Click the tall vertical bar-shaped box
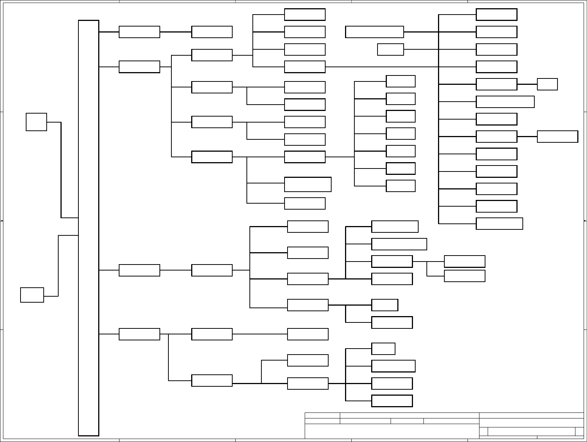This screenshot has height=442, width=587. point(88,228)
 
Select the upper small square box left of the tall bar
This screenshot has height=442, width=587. point(36,122)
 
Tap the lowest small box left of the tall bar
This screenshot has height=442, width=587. point(32,295)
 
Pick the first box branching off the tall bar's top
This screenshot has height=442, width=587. point(139,32)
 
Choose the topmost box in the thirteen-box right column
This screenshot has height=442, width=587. point(496,15)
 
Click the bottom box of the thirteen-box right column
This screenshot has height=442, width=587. point(499,223)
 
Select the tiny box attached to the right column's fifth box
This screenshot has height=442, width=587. point(547,84)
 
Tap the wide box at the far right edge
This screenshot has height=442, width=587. point(558,137)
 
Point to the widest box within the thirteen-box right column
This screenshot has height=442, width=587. point(505,102)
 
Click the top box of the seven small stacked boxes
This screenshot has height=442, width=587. point(401,81)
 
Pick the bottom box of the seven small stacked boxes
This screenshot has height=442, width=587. point(401,186)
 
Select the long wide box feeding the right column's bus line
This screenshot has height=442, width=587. point(375,32)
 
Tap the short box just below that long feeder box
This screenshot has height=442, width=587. point(390,49)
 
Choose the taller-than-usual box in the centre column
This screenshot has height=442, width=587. point(308,184)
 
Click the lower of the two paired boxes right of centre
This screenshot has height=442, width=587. point(465,276)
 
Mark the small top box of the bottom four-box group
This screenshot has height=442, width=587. point(383,349)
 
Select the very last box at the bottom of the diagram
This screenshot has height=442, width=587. point(392,401)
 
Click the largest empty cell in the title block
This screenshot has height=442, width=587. point(392,431)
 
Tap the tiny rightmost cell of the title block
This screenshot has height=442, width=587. point(579,431)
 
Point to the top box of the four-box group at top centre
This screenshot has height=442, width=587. point(305,15)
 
